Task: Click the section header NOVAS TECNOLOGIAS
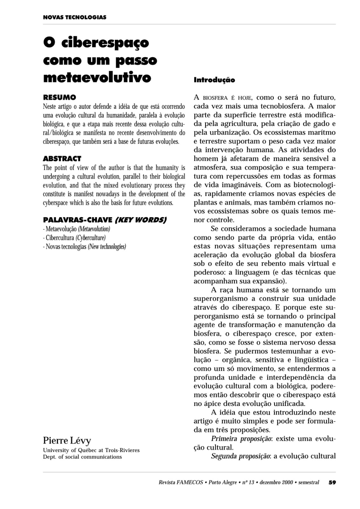pyautogui.click(x=74, y=17)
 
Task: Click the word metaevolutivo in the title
pyautogui.click(x=97, y=77)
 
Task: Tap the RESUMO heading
pyautogui.click(x=59, y=97)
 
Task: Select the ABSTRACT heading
pyautogui.click(x=62, y=158)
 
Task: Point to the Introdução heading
pyautogui.click(x=214, y=80)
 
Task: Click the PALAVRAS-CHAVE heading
pyautogui.click(x=78, y=220)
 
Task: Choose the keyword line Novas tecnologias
pyautogui.click(x=66, y=247)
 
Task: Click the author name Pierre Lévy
pyautogui.click(x=67, y=441)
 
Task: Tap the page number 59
pyautogui.click(x=332, y=482)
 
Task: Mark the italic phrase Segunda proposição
pyautogui.click(x=241, y=456)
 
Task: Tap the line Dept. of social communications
pyautogui.click(x=82, y=457)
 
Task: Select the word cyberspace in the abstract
pyautogui.click(x=54, y=203)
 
